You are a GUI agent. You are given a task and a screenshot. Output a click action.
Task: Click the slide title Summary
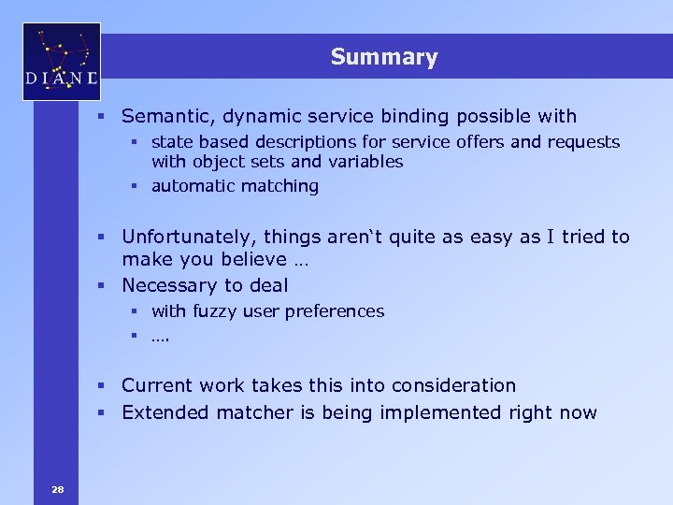point(383,57)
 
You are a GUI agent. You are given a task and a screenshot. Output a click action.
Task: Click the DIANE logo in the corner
point(62,62)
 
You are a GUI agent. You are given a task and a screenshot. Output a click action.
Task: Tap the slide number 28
point(58,488)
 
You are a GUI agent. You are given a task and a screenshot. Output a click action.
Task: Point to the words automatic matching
point(235,186)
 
